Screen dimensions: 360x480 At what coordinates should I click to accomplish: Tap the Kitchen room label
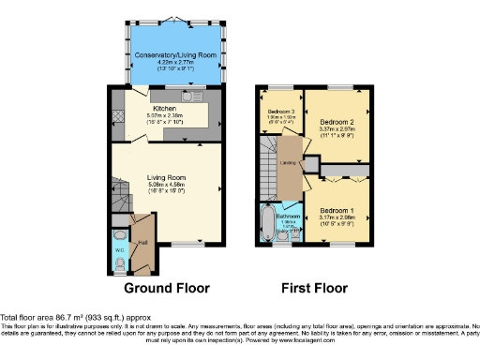point(165,109)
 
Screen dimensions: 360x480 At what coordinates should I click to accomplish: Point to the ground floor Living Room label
point(165,175)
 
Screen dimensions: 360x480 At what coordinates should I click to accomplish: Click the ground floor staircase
point(118,198)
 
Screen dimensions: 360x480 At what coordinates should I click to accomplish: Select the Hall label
point(143,241)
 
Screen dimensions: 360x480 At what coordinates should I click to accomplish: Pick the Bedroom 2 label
point(337,122)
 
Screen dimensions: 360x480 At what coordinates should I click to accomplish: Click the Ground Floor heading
point(167,288)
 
